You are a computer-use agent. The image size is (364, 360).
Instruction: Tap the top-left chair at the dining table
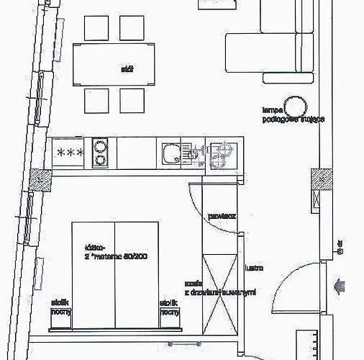[x=96, y=27]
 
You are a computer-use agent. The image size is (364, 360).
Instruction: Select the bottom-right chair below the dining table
[x=132, y=100]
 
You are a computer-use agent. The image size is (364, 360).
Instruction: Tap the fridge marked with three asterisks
[x=70, y=153]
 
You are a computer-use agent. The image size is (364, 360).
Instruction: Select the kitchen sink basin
[x=170, y=153]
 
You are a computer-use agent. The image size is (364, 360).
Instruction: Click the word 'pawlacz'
[x=219, y=215]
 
